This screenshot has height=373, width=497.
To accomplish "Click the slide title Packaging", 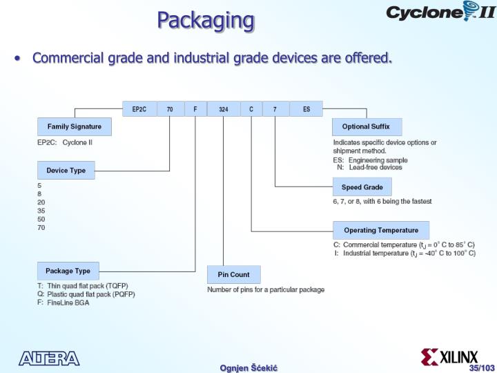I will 206,20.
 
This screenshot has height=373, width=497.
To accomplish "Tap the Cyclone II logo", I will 440,12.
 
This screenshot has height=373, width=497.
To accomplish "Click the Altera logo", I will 49,358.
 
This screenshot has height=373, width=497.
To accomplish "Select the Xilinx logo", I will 449,356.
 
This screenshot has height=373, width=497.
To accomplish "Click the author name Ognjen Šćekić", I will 248,367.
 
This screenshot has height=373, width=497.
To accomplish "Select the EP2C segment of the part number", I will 139,109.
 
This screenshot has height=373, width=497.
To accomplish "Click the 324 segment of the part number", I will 223,109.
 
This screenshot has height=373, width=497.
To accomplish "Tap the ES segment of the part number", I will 306,109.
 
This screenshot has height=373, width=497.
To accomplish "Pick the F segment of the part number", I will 195,109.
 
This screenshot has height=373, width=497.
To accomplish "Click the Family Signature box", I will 74,127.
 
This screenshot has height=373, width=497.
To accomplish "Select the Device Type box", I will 66,171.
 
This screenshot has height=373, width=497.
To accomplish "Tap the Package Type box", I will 68,271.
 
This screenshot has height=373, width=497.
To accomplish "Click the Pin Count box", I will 233,275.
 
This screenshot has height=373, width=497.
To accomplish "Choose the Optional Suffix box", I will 366,127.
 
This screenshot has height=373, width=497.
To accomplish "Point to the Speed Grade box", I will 362,187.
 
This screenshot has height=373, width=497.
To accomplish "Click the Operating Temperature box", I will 381,230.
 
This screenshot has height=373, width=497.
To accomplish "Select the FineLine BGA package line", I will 68,303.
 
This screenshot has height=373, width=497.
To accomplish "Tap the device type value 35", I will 41,211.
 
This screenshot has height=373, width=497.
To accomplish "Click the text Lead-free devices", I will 375,167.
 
